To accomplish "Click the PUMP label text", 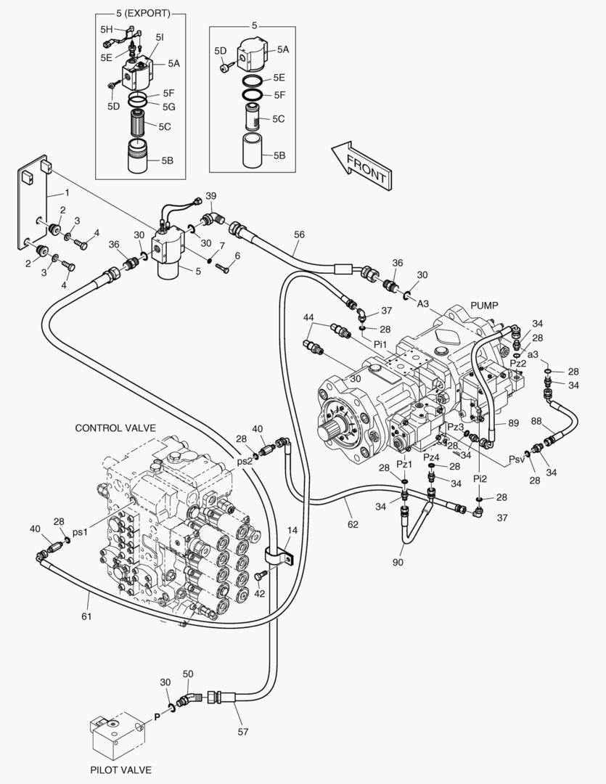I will pos(485,305).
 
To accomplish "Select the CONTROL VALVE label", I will pos(115,428).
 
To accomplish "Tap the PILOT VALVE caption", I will pos(121,769).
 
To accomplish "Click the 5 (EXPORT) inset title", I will pos(144,13).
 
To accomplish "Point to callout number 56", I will pos(299,234).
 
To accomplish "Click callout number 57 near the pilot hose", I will pos(242,732).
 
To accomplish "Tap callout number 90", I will pos(399,562).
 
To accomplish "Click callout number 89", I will pos(513,423).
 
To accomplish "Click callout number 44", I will pos(308,318).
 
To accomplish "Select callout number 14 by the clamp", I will pos(292,531).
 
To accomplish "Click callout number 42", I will pos(260,594).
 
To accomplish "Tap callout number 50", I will pos(188,674).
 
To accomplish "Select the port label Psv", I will pos(516,459).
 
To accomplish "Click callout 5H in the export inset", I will pos(107,30).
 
